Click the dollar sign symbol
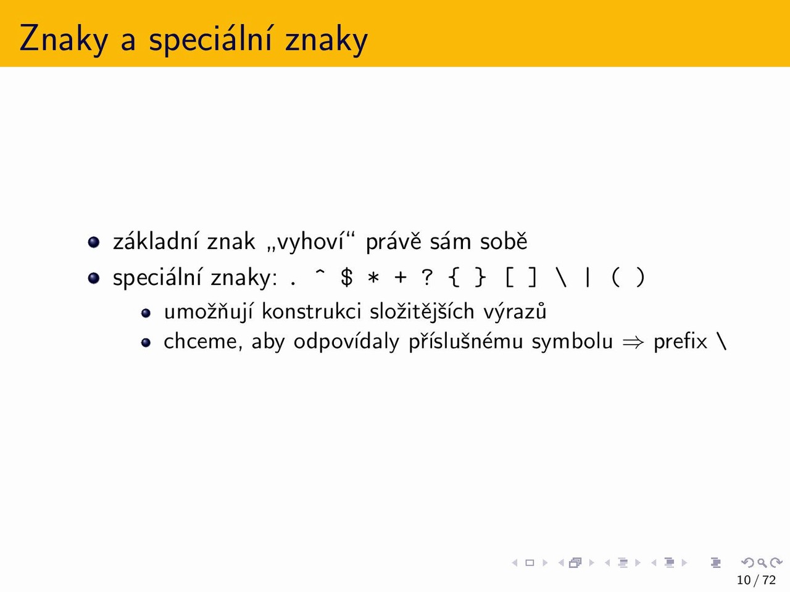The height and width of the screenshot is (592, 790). pos(347,277)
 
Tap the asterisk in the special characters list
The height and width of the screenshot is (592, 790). pos(373,278)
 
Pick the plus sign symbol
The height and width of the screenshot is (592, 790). pos(400,278)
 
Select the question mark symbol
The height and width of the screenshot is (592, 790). pos(427,277)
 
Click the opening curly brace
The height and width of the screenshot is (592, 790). pos(454,278)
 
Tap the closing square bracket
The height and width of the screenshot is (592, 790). pos(533,278)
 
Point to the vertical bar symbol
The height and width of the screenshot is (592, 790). pos(588,278)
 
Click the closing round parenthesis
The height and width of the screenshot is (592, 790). pos(640,278)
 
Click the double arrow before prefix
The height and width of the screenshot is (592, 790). pos(633,342)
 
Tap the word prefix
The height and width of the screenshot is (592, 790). pos(680,341)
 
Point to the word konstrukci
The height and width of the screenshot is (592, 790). pos(311,311)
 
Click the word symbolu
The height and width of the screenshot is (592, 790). pos(572,342)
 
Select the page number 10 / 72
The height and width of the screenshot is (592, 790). pos(756,580)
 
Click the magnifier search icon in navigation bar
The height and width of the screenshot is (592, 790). pos(762,562)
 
